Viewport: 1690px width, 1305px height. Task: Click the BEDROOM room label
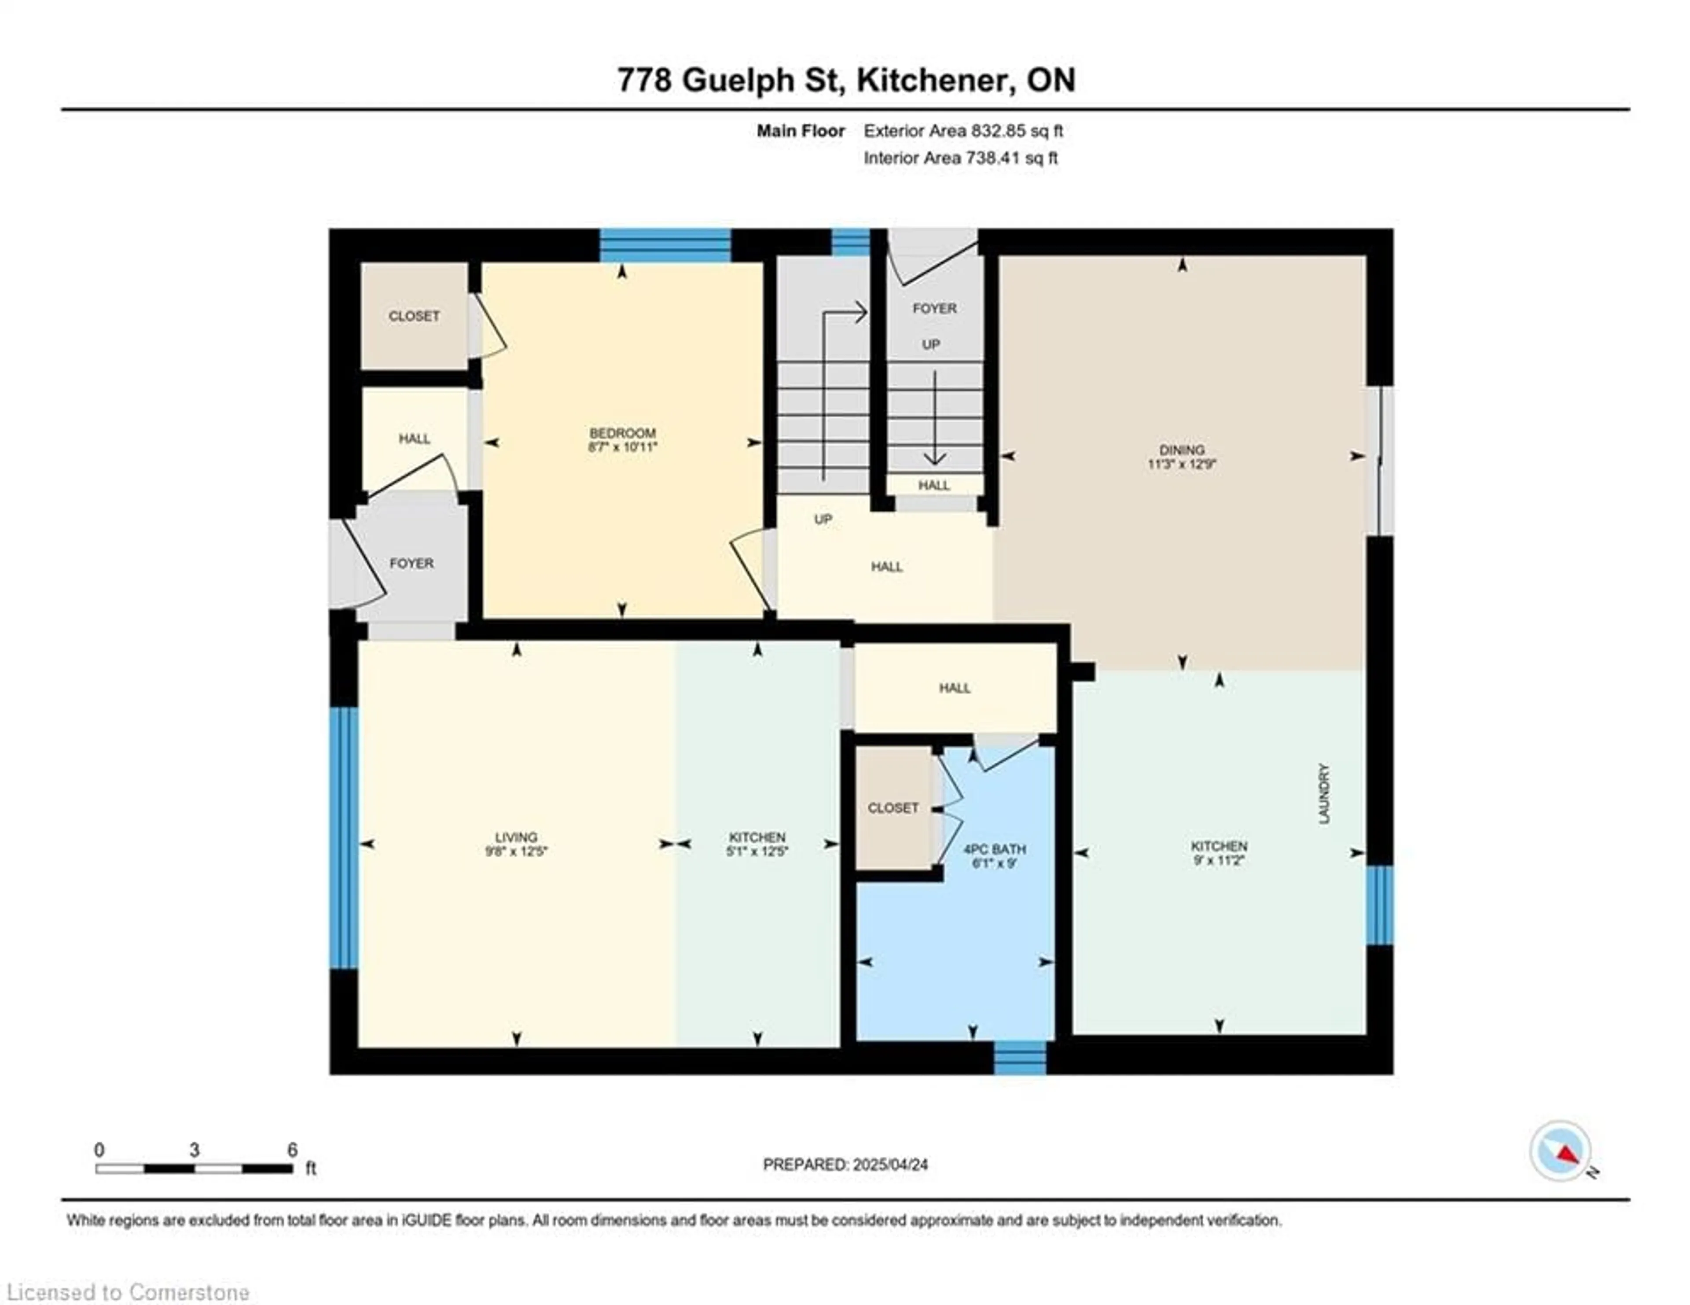pyautogui.click(x=622, y=433)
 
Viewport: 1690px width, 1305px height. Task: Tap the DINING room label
pyautogui.click(x=1182, y=450)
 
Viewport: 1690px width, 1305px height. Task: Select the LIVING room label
pyautogui.click(x=516, y=837)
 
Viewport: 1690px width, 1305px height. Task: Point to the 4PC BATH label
pyautogui.click(x=995, y=849)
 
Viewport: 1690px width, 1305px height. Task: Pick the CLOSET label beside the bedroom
pyautogui.click(x=414, y=316)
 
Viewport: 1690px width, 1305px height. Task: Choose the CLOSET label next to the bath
pyautogui.click(x=893, y=808)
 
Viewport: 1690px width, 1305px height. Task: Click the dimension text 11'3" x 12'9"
pyautogui.click(x=1182, y=464)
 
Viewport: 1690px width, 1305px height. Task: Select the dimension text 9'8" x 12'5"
pyautogui.click(x=516, y=852)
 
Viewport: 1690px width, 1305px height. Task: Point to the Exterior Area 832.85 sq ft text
pyautogui.click(x=963, y=131)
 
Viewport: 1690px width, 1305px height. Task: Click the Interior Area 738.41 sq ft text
pyautogui.click(x=960, y=158)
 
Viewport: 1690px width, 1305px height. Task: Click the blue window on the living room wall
pyautogui.click(x=344, y=837)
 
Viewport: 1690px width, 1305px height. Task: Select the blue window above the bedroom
pyautogui.click(x=665, y=245)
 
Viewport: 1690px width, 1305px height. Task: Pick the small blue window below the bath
pyautogui.click(x=1020, y=1058)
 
